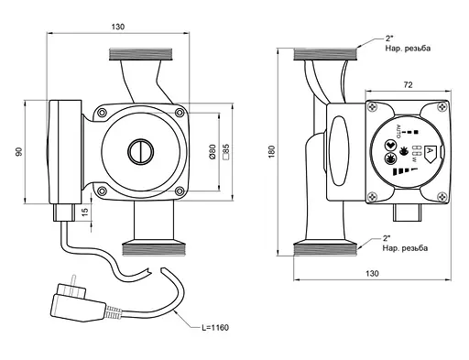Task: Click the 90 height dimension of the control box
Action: click(x=19, y=151)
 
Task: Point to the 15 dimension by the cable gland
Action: click(x=85, y=211)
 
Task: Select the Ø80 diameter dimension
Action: click(x=213, y=152)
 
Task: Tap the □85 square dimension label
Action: click(x=226, y=152)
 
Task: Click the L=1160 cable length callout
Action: click(x=215, y=328)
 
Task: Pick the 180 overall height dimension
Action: click(x=271, y=152)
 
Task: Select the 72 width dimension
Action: click(x=408, y=85)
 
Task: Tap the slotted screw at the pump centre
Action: click(x=140, y=152)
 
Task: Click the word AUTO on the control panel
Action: click(x=398, y=131)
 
